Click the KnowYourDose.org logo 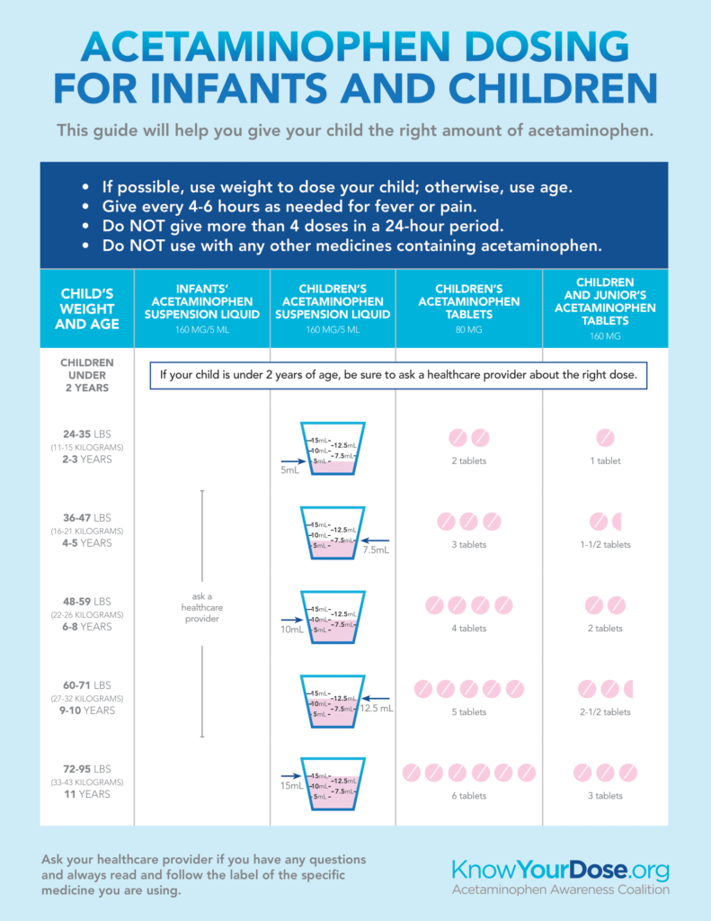click(x=561, y=870)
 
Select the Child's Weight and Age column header click(x=86, y=308)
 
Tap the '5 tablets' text click(x=468, y=711)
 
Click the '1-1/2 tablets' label click(x=605, y=544)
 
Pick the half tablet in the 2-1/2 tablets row click(x=629, y=689)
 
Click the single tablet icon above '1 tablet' click(x=605, y=438)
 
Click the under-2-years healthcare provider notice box click(x=399, y=376)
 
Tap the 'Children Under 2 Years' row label click(x=86, y=375)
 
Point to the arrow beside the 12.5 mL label click(x=378, y=699)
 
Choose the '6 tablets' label click(x=468, y=795)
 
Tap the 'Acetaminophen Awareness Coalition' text click(x=561, y=890)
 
